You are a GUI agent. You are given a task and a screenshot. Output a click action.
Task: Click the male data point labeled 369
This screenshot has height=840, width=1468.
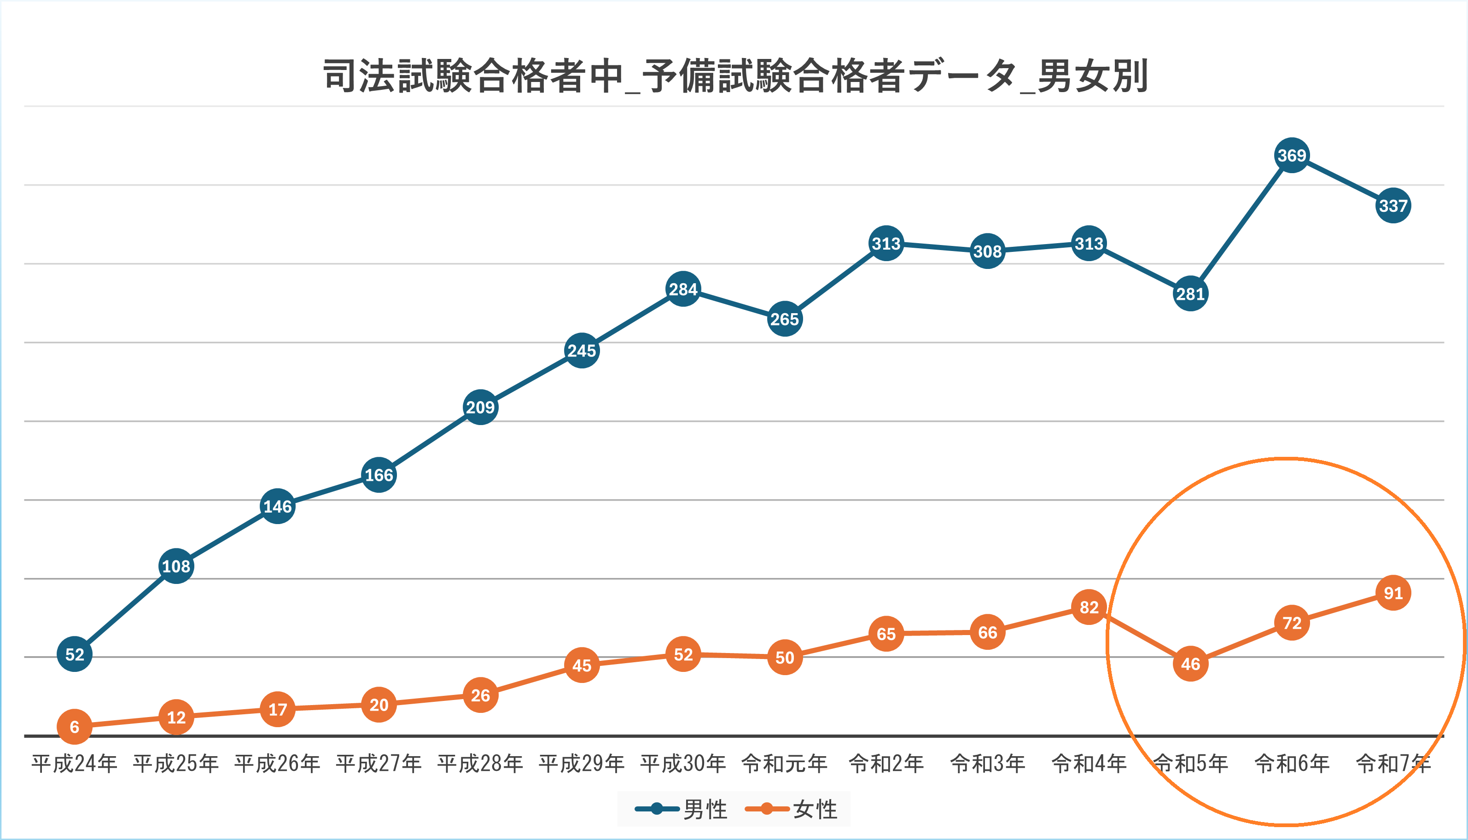click(1292, 155)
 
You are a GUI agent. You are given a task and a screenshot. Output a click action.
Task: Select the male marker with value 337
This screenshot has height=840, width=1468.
click(1393, 205)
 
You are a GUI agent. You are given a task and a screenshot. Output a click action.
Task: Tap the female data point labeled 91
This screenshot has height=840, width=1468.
click(1393, 593)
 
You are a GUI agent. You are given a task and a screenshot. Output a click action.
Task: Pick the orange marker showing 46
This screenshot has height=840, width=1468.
click(1190, 664)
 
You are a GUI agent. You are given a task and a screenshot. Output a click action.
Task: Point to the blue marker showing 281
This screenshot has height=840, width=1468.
click(1190, 294)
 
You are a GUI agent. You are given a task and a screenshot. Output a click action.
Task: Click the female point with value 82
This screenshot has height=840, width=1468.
click(1089, 607)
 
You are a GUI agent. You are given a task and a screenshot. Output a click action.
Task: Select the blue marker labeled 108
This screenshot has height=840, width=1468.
click(176, 566)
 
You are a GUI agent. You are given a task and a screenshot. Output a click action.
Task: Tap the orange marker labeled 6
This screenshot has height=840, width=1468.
click(75, 726)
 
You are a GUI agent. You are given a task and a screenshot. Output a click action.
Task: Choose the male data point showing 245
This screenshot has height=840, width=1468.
click(582, 350)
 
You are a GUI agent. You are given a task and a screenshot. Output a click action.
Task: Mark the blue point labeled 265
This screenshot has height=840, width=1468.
click(785, 319)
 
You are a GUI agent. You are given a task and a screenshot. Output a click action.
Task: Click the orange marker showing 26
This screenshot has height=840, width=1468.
click(480, 695)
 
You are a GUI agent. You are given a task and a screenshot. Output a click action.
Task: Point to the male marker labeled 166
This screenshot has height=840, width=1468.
click(379, 475)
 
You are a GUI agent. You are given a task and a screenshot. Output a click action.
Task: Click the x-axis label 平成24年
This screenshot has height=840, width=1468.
click(75, 763)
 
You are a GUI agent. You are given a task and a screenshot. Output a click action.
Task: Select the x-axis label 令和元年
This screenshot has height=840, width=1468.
click(785, 763)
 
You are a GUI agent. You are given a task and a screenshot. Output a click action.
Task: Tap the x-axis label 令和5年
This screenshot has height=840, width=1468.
click(1190, 763)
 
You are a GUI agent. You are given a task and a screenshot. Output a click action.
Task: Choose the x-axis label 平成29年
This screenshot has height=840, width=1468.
click(582, 763)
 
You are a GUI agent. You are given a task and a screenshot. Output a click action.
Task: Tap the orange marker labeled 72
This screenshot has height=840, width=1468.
click(1292, 623)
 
